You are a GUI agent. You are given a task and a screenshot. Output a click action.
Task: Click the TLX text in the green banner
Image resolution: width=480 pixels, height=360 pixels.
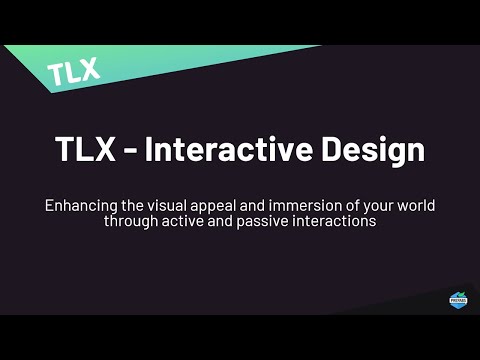click(74, 70)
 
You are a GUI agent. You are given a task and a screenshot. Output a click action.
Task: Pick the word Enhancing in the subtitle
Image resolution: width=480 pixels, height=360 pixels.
click(79, 205)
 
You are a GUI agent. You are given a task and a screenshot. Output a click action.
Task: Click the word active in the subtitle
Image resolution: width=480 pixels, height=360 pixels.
click(185, 221)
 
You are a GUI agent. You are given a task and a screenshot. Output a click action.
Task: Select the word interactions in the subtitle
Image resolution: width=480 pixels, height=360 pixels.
click(335, 221)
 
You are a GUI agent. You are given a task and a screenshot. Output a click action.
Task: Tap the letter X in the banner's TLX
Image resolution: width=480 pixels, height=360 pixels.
click(89, 69)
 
